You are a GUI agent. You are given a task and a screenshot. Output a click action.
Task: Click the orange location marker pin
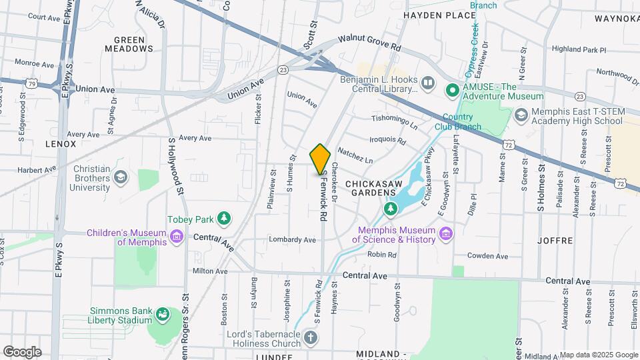pos(320,159)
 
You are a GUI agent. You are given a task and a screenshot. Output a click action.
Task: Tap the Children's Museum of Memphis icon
pos(177,237)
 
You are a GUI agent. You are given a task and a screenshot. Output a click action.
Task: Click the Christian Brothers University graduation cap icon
pos(120,177)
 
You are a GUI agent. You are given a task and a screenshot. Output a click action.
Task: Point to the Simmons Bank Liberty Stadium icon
pos(162,313)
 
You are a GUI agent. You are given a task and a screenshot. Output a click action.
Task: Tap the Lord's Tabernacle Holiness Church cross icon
pos(310,337)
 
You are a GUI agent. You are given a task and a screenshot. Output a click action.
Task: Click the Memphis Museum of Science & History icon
pos(445,234)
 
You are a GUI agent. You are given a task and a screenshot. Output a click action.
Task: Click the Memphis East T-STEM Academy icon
pos(519,115)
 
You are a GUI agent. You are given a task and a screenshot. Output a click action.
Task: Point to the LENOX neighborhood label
pos(61,143)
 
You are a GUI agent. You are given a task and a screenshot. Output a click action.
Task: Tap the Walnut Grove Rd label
pos(369,43)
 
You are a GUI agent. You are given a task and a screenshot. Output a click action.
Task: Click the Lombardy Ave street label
pos(292,239)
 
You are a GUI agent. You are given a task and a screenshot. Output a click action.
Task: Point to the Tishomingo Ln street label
pos(393,122)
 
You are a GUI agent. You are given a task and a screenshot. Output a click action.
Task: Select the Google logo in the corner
pos(22,351)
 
